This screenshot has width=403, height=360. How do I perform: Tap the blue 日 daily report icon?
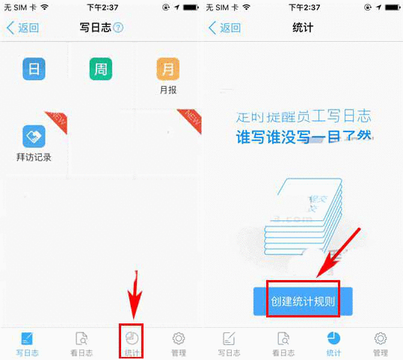[x=34, y=69]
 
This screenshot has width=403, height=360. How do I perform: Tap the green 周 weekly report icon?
[x=100, y=69]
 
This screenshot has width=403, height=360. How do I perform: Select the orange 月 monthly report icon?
[x=167, y=69]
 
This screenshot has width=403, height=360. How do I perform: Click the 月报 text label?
[x=167, y=91]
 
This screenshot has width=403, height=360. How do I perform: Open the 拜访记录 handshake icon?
[x=34, y=136]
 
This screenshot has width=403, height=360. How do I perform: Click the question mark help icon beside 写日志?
[x=118, y=28]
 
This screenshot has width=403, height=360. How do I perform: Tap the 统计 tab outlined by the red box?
[x=132, y=342]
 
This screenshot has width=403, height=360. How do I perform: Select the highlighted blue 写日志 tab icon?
[x=27, y=338]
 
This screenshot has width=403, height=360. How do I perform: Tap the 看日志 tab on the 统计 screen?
[x=281, y=342]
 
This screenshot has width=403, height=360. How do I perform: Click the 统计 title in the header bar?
[x=303, y=28]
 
